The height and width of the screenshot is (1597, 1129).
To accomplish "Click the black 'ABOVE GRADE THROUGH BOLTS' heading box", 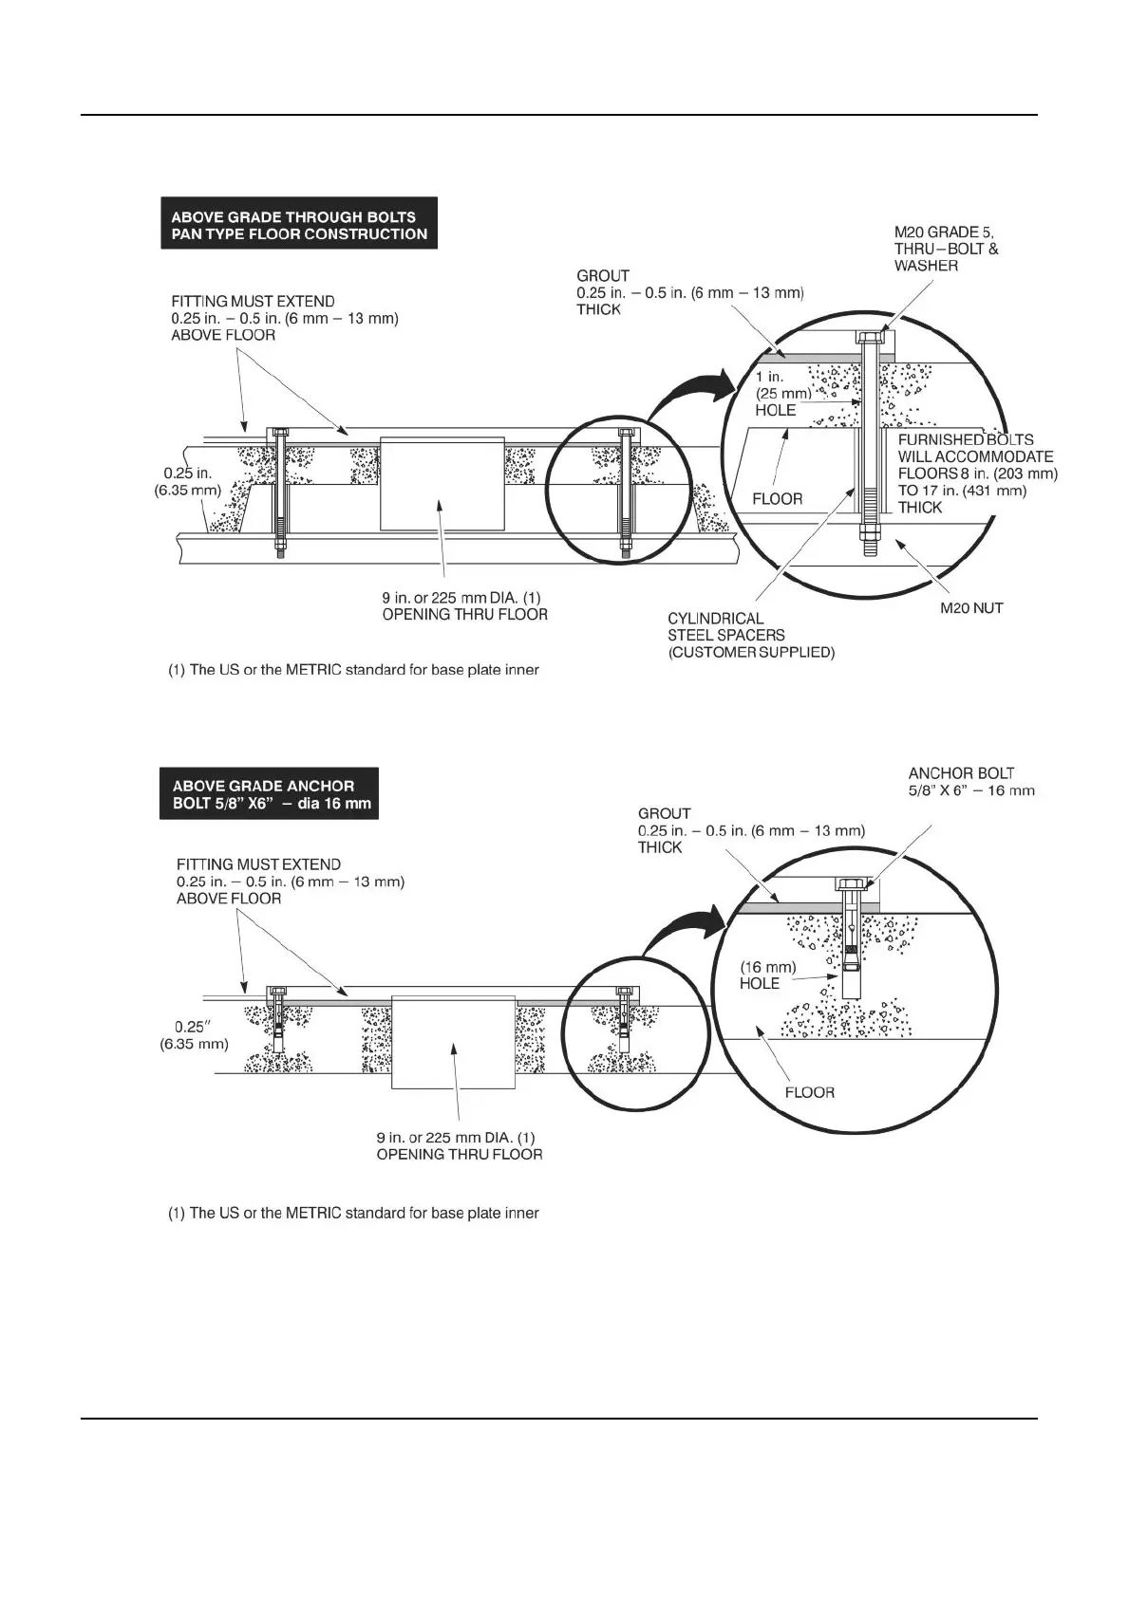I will [x=299, y=225].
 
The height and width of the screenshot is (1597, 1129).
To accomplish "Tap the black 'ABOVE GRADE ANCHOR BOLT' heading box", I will [x=270, y=795].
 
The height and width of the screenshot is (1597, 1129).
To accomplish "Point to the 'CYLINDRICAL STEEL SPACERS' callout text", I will [x=751, y=635].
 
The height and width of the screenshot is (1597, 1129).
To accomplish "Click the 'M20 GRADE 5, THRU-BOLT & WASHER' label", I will [x=947, y=249].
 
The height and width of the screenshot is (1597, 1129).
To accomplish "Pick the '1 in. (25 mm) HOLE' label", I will [x=783, y=393].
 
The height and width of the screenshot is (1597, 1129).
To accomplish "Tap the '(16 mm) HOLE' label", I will [x=767, y=975].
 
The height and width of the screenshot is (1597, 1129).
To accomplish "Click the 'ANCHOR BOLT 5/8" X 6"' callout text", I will [x=971, y=781].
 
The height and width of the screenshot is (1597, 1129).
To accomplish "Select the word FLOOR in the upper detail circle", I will [x=777, y=498].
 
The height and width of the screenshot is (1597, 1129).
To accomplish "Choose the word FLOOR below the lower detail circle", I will [x=809, y=1092].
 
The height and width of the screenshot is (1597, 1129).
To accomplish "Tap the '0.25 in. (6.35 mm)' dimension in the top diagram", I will [x=187, y=481].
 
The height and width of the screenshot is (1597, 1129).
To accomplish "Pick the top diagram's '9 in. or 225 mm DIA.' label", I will [x=464, y=605].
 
